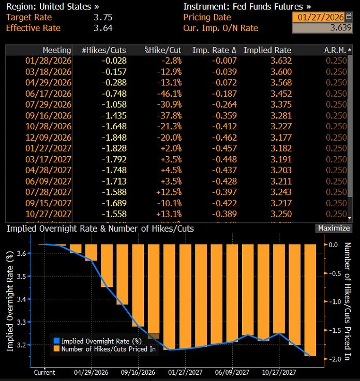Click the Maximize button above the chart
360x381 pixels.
tap(334, 228)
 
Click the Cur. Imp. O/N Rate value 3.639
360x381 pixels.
tap(321, 28)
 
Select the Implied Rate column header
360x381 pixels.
tap(267, 50)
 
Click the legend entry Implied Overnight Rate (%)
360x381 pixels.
tap(101, 341)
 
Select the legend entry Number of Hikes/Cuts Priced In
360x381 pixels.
tap(109, 348)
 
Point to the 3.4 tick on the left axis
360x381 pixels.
tap(21, 299)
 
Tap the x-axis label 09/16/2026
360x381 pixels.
tap(138, 372)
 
